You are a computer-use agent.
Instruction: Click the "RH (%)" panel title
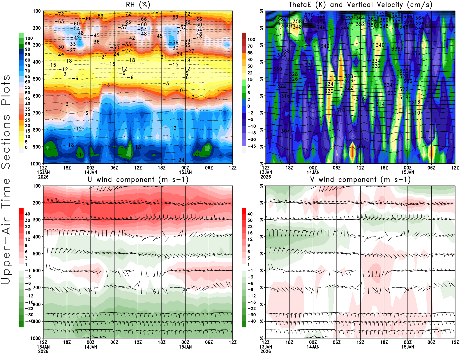point(138,5)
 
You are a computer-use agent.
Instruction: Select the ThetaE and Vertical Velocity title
point(360,5)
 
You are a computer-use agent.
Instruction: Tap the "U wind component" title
point(138,179)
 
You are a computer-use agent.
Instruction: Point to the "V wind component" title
point(360,179)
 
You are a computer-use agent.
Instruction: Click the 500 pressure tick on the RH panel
point(37,79)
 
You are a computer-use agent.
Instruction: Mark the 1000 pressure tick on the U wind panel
point(36,338)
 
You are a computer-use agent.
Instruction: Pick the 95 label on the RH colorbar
point(28,44)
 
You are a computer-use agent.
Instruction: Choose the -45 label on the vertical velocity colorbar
point(252,146)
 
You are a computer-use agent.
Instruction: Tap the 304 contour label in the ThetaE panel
point(285,131)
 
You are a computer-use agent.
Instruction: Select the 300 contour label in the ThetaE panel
point(361,147)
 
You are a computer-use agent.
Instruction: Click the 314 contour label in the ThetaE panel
point(380,104)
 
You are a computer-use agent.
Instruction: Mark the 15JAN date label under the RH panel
point(186,172)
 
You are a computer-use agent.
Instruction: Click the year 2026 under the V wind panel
point(266,351)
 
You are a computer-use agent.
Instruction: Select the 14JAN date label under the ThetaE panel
point(313,172)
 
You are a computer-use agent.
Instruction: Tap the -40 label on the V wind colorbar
point(252,321)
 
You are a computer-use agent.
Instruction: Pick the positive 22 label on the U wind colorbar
point(28,227)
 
